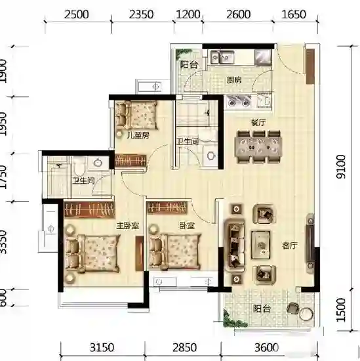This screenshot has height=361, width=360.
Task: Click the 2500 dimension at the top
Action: coord(76,14)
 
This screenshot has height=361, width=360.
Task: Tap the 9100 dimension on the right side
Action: coord(341,167)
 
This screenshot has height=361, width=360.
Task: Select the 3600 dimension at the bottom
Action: coord(266,348)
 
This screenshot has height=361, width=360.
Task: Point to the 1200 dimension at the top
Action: coord(188,14)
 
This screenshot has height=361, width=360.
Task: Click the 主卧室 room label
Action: coord(128,226)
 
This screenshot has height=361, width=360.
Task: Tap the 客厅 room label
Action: coord(290,245)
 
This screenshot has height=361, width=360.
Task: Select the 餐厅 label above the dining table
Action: coord(258,123)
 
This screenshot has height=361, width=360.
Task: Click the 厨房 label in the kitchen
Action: coord(234,80)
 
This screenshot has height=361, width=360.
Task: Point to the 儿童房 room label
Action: coord(138,135)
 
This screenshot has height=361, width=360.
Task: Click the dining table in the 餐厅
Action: coord(258,147)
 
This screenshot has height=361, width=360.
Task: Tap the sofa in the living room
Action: coord(235,245)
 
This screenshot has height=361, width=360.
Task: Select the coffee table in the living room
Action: coord(260,245)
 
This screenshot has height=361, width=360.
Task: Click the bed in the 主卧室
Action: coord(92,253)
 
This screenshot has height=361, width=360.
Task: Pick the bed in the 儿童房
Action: coord(136,116)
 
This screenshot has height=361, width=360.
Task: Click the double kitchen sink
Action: coord(222,57)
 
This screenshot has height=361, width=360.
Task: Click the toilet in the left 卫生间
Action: coord(79,166)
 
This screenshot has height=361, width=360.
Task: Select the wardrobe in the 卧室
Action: coord(167,207)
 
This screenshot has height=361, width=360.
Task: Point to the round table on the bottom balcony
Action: coord(306,313)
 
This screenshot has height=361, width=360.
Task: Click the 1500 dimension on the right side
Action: coord(341,310)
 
